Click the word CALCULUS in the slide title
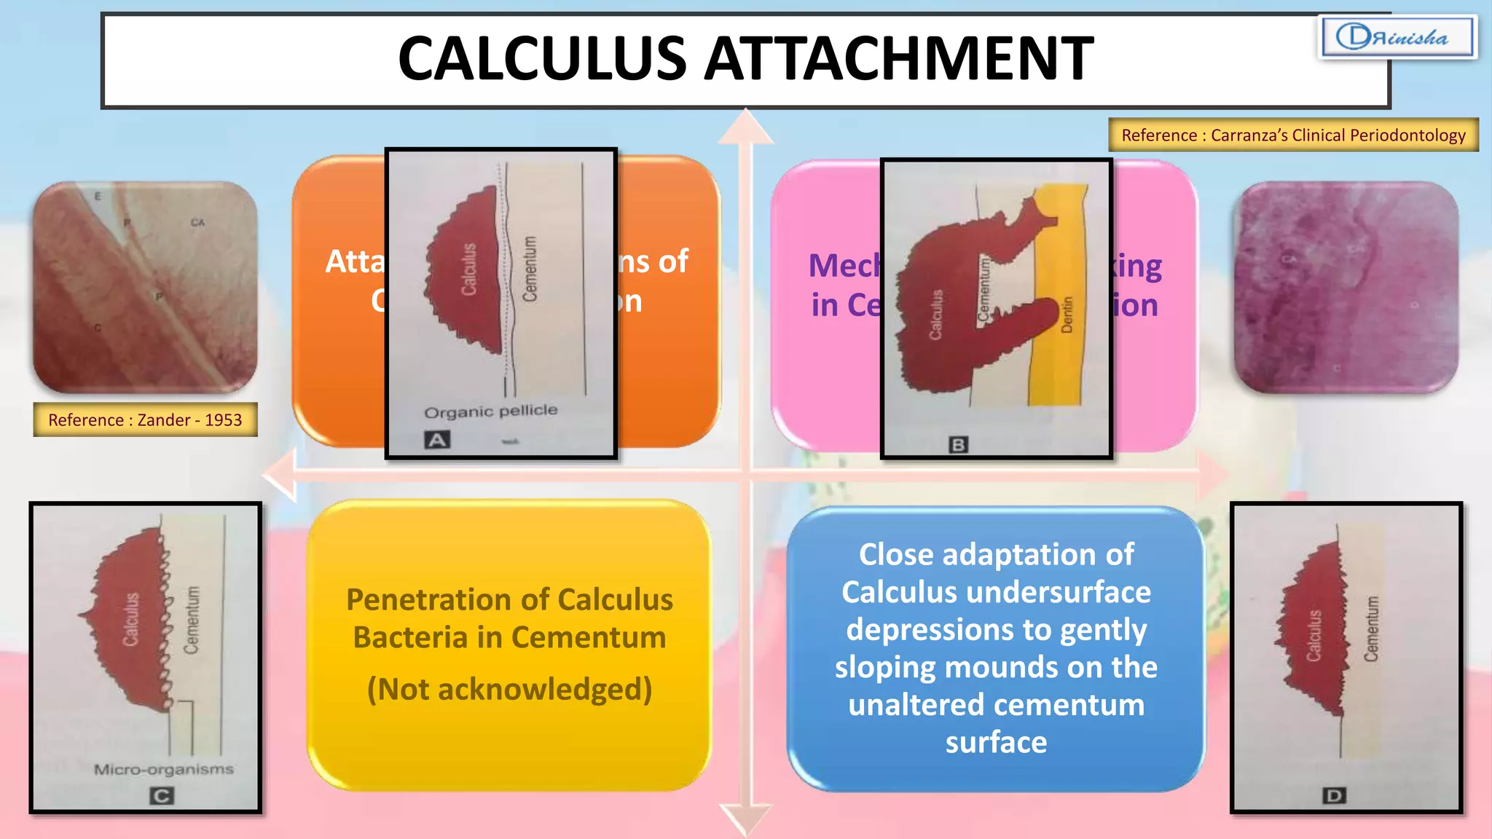[542, 60]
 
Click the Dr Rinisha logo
[1397, 37]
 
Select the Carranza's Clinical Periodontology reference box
[1293, 135]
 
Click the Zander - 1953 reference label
[145, 420]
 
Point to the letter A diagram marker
[437, 440]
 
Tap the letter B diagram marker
[958, 444]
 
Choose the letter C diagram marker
[161, 796]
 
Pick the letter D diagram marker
[1334, 796]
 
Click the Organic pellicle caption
[490, 411]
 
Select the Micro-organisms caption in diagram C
[163, 770]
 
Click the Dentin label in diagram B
[1067, 315]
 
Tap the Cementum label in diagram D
[1372, 629]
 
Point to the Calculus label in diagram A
[469, 269]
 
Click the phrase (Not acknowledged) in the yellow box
[509, 689]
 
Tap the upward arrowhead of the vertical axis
[745, 125]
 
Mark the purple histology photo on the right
[1346, 287]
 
